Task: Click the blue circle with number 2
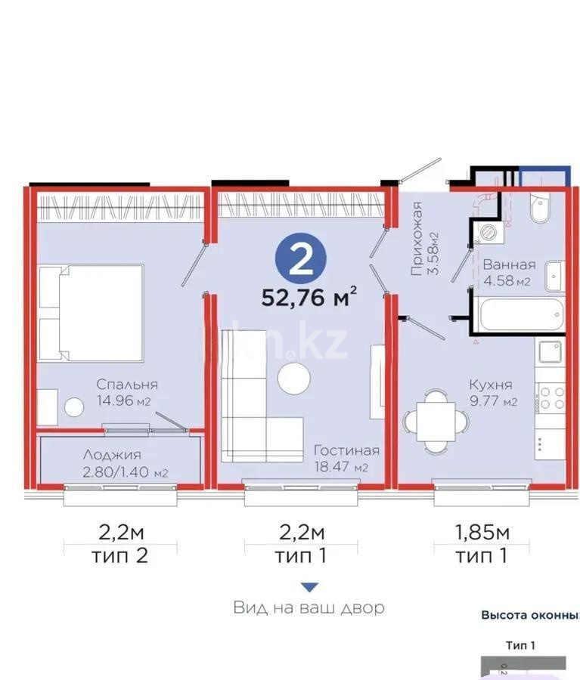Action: [x=301, y=258]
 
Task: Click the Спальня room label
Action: [x=126, y=384]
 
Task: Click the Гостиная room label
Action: [x=346, y=450]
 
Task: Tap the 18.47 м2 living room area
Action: [x=341, y=468]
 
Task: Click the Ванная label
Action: [x=509, y=265]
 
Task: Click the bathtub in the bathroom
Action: [x=520, y=314]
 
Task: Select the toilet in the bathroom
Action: [x=540, y=209]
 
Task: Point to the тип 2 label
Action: [x=120, y=557]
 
